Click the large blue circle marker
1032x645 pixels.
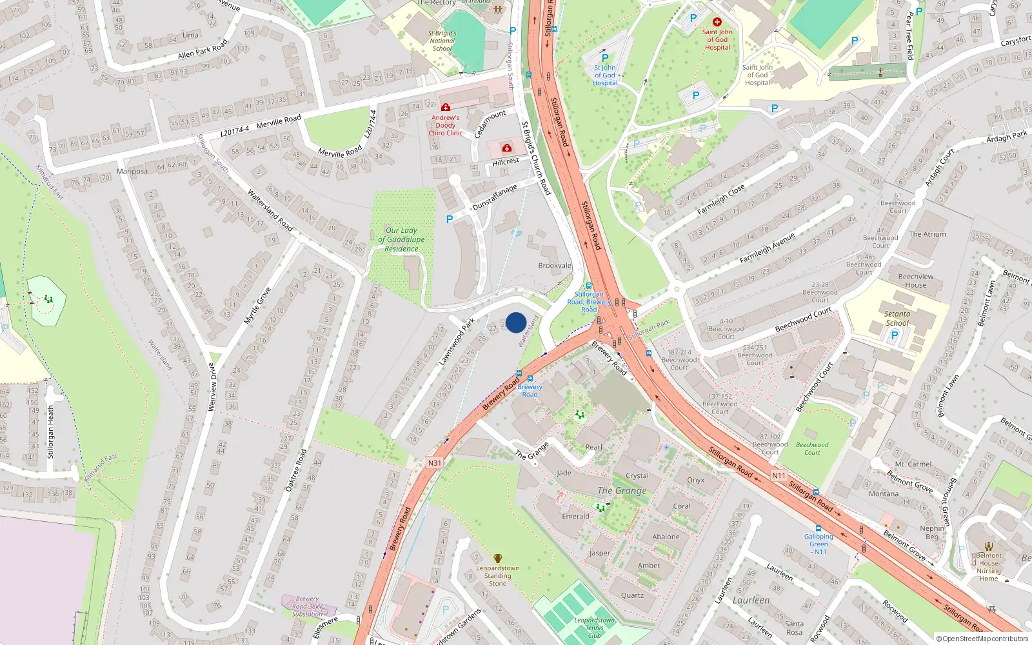[x=516, y=322]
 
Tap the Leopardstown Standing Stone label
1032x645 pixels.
[x=497, y=575]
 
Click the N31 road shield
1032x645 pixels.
[x=435, y=463]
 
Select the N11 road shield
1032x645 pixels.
[x=779, y=476]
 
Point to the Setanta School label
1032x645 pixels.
[x=897, y=319]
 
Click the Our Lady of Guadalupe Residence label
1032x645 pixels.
[x=401, y=239]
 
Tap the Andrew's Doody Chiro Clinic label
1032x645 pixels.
[x=446, y=125]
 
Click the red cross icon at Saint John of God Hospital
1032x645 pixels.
[x=717, y=22]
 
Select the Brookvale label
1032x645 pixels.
[x=555, y=266]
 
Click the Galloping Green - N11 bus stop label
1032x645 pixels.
[x=819, y=544]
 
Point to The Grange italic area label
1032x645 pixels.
[x=622, y=491]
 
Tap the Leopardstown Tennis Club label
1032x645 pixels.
[x=594, y=628]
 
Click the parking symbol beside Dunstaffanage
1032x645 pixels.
[x=450, y=219]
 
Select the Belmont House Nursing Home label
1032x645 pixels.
[x=988, y=567]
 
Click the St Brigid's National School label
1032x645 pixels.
[x=442, y=41]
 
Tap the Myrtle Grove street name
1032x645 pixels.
[x=257, y=306]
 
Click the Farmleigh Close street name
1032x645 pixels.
[x=720, y=200]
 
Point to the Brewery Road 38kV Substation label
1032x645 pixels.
[x=307, y=606]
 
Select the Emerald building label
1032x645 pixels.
[x=575, y=517]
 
